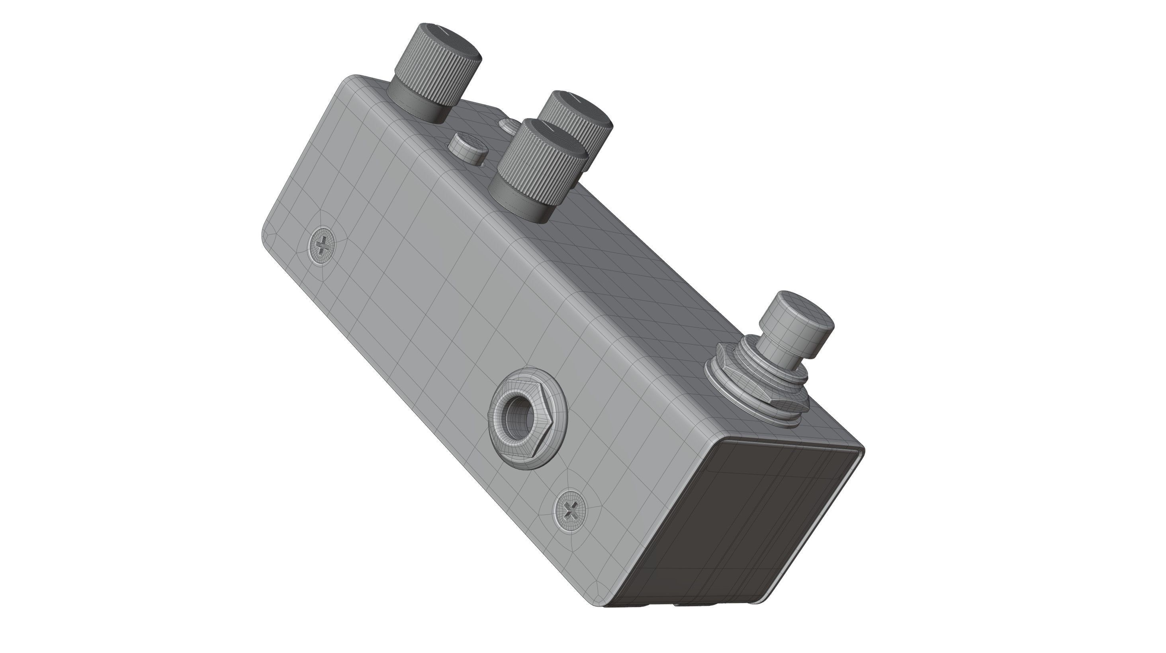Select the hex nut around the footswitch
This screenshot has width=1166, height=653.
coord(751,380)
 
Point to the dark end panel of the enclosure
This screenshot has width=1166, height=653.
coord(733,524)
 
